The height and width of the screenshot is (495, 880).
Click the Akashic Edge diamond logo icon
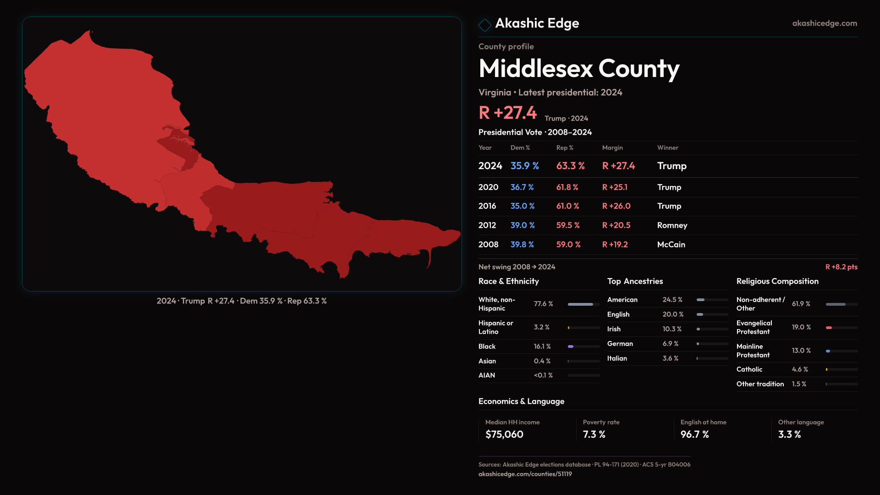[x=484, y=24]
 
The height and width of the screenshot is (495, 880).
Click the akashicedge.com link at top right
[x=824, y=23]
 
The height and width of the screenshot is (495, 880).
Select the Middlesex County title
[x=578, y=69]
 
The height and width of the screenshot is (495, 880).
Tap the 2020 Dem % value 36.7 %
[x=522, y=187]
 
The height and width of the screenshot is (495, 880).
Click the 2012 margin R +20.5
[x=616, y=225]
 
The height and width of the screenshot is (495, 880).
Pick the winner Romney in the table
[x=672, y=225]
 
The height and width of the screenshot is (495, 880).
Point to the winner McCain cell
[x=671, y=245]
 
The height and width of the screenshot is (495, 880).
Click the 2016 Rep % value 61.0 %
[x=567, y=206]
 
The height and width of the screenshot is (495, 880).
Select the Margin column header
[x=612, y=148]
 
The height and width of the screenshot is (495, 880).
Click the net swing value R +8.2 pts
[x=841, y=267]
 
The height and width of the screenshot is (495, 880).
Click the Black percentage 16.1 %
[x=542, y=346]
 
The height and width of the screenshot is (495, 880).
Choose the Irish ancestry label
[x=614, y=329]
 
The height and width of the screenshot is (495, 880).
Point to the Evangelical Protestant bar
[x=841, y=328]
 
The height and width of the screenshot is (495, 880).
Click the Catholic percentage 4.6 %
[x=800, y=369]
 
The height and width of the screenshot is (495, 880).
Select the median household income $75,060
[x=504, y=434]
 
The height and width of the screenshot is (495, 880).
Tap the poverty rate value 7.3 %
[x=594, y=434]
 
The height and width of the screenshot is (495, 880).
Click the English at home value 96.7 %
[x=694, y=434]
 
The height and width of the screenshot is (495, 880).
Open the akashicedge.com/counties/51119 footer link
[x=525, y=474]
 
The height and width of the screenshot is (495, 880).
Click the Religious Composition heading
[x=777, y=281]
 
